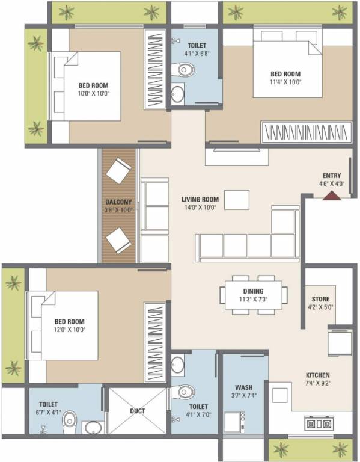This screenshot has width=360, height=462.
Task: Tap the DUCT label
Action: coord(137,411)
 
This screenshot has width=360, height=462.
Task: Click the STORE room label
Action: coord(320,299)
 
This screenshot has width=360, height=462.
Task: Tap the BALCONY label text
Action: coord(118,203)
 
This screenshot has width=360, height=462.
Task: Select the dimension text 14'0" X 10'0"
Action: coord(200,207)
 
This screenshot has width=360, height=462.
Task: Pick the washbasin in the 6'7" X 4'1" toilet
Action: coord(93,428)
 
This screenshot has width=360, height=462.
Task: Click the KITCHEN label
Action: coord(317,375)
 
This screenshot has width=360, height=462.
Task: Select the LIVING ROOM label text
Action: coord(200,199)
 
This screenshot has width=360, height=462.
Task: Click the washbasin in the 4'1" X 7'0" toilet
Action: coord(178,365)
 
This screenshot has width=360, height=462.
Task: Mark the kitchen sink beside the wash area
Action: coord(281,395)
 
